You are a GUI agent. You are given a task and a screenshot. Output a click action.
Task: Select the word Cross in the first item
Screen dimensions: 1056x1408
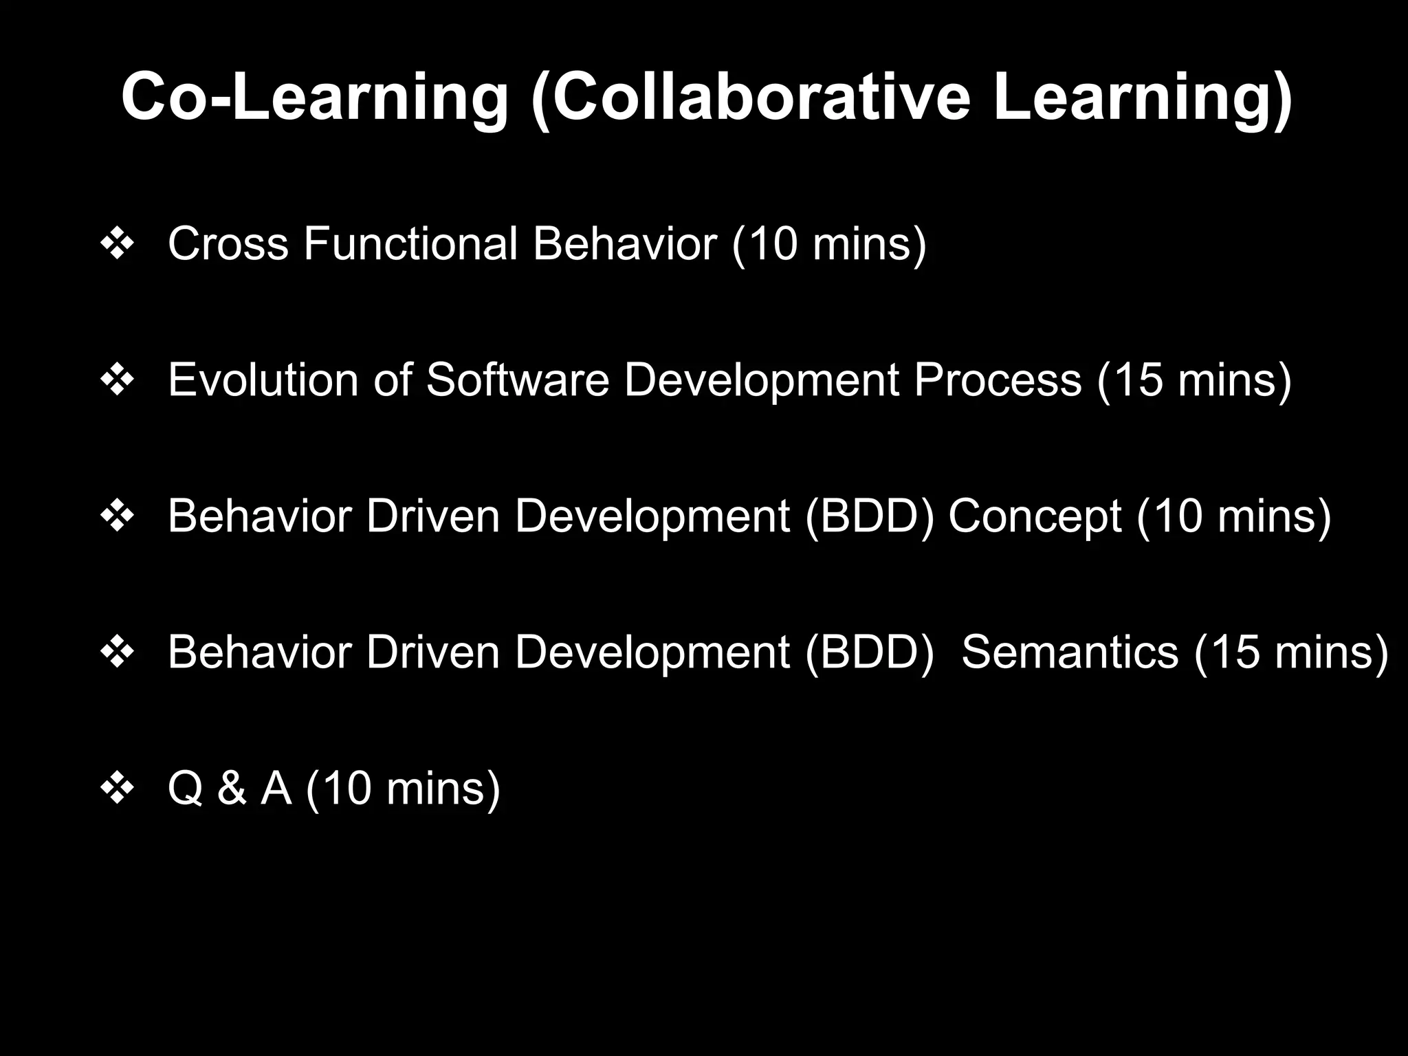(x=228, y=244)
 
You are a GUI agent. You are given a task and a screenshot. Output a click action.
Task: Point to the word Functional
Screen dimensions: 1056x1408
(x=410, y=244)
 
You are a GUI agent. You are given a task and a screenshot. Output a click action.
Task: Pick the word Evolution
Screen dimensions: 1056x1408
(x=263, y=380)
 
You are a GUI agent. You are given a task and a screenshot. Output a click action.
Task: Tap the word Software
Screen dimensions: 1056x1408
(x=517, y=380)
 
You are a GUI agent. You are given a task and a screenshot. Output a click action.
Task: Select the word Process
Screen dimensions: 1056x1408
(x=998, y=380)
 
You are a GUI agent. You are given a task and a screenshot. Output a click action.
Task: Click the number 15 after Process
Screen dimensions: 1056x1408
(x=1136, y=380)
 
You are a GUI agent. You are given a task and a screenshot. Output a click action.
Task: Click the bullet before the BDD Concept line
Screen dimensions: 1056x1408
(x=117, y=518)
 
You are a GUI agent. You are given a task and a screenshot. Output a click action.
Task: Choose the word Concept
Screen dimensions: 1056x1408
(x=1035, y=516)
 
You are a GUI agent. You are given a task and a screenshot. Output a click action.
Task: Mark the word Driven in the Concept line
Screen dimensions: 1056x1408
(x=432, y=516)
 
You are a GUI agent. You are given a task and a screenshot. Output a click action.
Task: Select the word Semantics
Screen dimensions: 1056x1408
(x=1070, y=652)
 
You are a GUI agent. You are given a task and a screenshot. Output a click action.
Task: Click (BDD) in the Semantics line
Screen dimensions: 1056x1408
(x=869, y=652)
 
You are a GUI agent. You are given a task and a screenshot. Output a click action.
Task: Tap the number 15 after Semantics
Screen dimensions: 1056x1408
(x=1234, y=652)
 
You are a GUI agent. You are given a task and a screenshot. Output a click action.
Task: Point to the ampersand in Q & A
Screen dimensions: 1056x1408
(x=231, y=788)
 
